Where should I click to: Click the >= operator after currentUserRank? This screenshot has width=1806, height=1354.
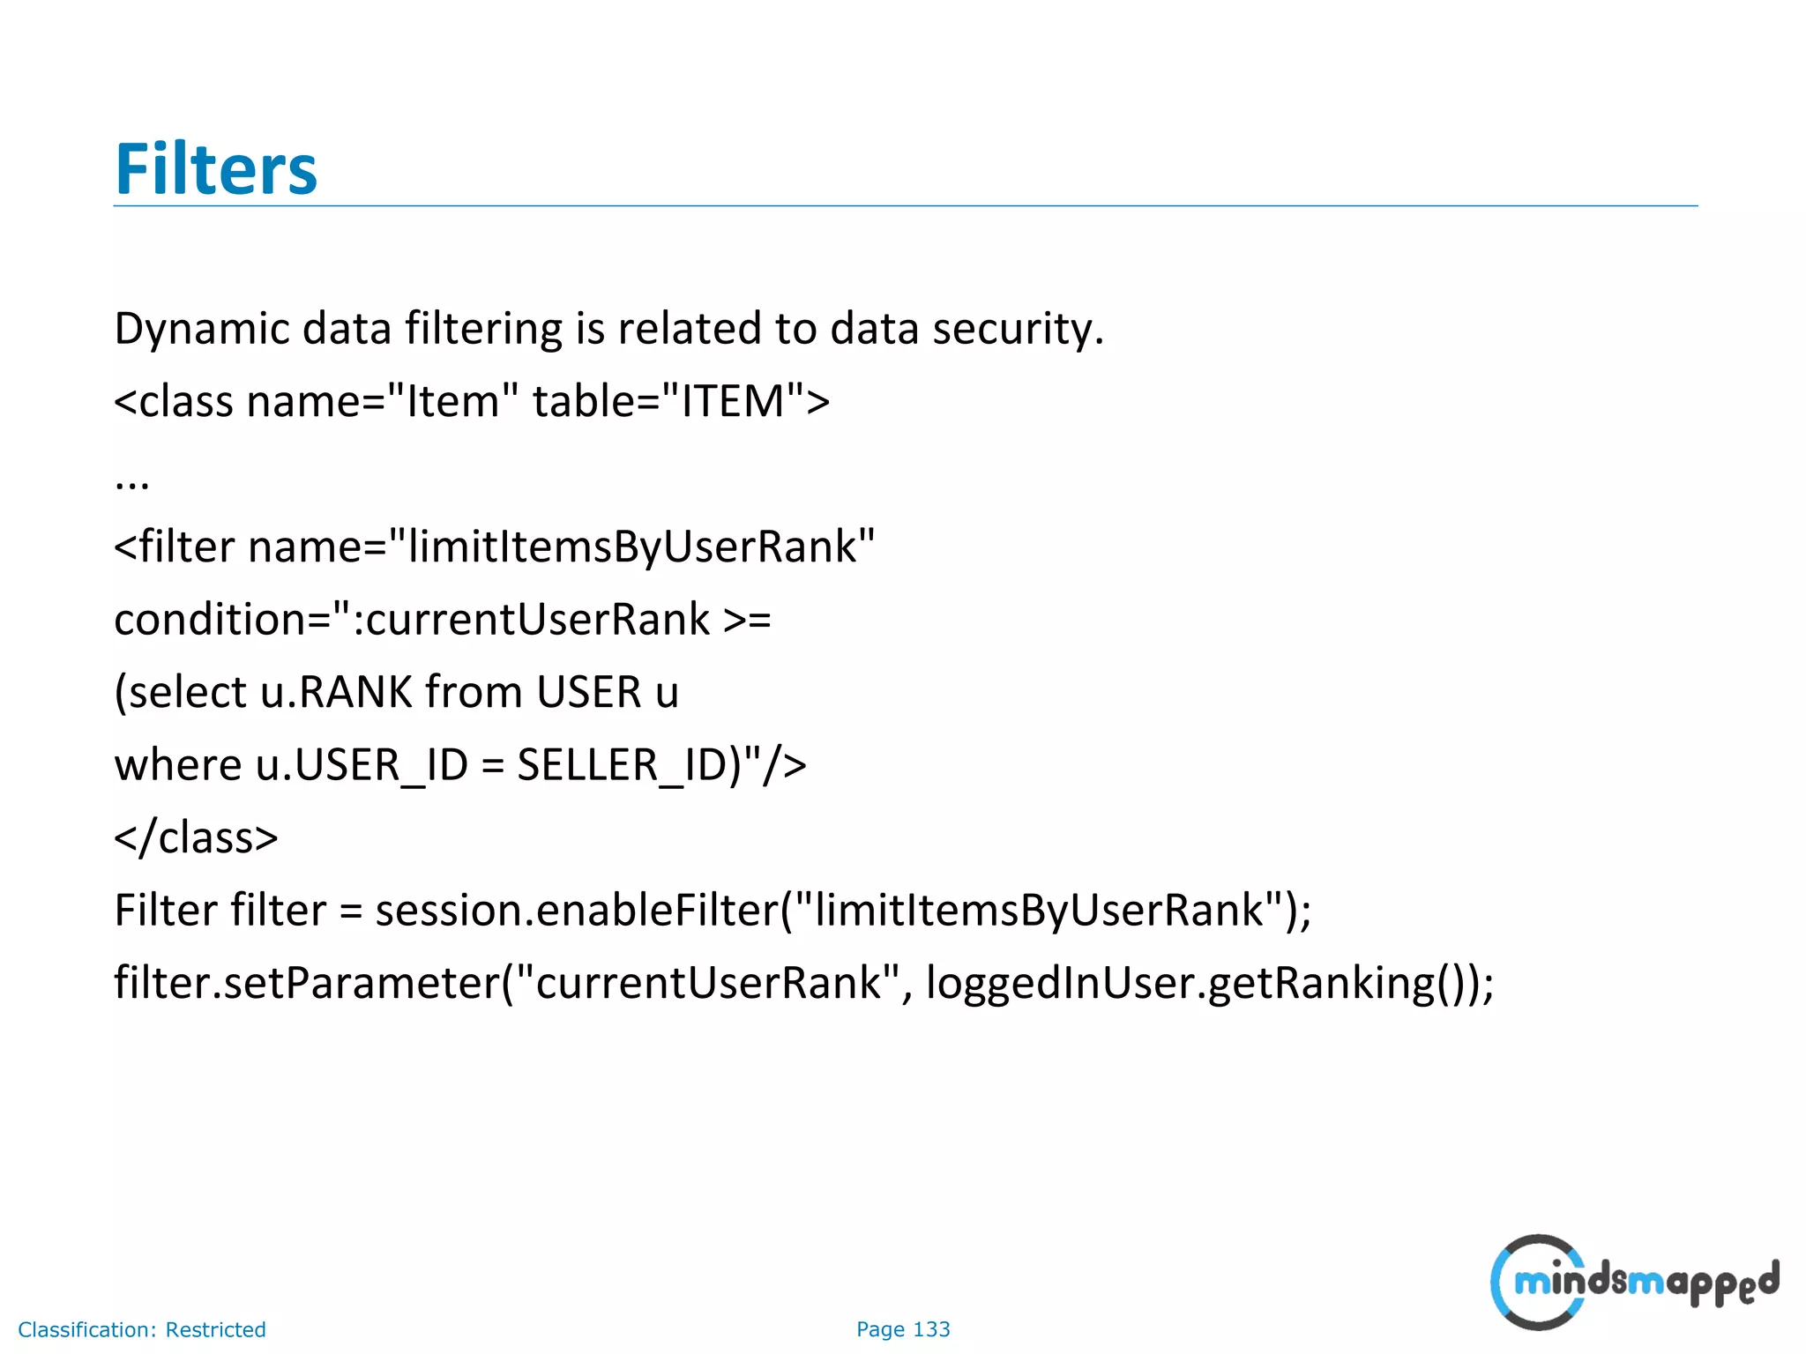747,620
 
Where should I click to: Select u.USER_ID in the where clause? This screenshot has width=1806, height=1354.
362,765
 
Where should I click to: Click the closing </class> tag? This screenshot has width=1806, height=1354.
196,837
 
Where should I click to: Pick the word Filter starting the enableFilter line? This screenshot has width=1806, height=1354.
166,911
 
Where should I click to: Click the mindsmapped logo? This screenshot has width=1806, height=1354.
1633,1283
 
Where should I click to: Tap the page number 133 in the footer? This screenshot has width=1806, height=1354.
931,1329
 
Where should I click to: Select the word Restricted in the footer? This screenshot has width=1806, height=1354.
216,1329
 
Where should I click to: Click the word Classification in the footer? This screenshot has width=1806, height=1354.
86,1329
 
